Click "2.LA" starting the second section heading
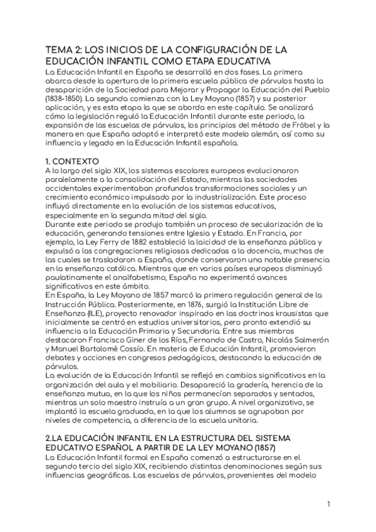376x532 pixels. pos(57,436)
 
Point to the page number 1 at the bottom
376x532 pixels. pos(328,505)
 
